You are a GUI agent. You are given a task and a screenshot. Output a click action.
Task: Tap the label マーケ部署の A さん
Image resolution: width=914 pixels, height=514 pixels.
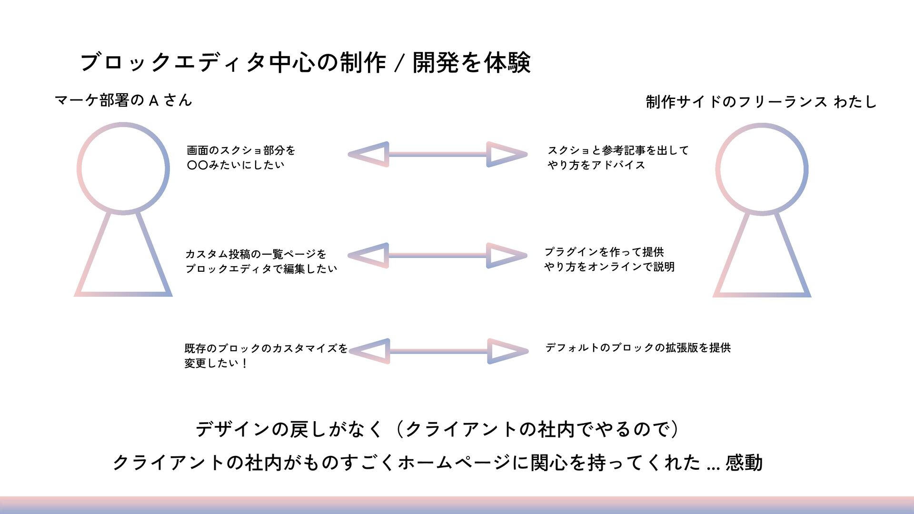123,100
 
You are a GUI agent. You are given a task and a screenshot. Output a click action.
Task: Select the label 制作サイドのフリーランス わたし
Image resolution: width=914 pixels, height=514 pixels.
761,102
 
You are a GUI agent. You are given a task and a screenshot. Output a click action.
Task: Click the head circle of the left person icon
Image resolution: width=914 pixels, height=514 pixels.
123,168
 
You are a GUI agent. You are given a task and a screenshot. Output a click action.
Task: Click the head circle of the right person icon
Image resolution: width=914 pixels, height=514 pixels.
762,169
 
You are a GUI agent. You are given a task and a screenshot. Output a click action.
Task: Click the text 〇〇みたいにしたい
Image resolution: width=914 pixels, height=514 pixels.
236,165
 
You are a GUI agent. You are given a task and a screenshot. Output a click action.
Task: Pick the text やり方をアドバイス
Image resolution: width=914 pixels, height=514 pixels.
596,165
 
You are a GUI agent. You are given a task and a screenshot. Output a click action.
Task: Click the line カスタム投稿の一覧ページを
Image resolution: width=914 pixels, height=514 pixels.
256,254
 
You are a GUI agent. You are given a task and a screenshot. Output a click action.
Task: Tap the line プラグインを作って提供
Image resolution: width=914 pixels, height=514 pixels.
604,252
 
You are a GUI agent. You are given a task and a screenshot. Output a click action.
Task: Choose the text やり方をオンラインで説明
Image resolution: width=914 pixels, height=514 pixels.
609,267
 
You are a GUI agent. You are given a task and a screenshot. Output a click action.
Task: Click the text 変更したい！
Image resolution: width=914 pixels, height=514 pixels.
216,363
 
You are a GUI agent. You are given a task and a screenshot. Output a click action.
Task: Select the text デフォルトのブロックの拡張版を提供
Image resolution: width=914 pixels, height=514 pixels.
638,348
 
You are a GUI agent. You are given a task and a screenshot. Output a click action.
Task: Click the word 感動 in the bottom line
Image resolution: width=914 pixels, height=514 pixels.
744,463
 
